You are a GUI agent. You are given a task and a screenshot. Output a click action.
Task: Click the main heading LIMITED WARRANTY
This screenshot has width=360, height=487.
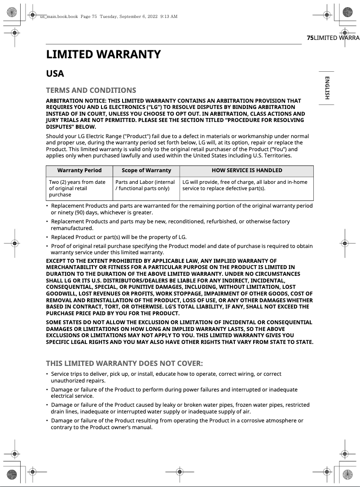click(x=103, y=55)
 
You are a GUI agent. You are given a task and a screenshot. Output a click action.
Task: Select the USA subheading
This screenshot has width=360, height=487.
click(x=55, y=74)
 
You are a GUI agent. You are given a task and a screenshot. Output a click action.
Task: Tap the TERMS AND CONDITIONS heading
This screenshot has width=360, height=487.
click(x=91, y=90)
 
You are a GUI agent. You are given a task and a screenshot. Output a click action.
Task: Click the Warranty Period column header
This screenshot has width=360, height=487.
click(x=79, y=170)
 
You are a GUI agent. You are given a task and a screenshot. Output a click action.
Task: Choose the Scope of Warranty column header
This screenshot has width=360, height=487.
click(x=146, y=170)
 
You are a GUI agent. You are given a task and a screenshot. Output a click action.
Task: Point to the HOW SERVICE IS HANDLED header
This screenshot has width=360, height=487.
click(x=247, y=170)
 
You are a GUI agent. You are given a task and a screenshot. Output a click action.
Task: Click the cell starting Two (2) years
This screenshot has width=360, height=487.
click(x=77, y=188)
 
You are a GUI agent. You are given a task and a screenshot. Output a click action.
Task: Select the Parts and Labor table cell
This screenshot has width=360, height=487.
click(x=145, y=185)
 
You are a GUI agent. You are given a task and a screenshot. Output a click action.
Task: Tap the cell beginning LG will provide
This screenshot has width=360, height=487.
click(x=245, y=185)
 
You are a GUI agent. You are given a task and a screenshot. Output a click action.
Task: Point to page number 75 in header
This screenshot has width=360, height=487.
click(x=310, y=38)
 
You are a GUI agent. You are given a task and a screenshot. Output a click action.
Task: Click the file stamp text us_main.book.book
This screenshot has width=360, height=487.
click(x=59, y=17)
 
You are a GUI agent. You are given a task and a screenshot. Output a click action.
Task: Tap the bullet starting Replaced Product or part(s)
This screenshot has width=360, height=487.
click(x=119, y=237)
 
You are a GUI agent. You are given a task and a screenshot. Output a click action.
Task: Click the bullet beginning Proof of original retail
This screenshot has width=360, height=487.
click(x=180, y=249)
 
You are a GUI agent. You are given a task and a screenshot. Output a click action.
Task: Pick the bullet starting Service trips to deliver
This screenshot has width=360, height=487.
click(x=166, y=377)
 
